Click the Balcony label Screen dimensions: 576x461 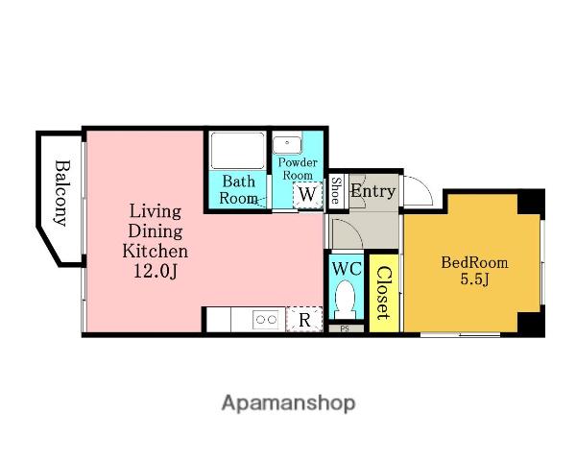(x=60, y=193)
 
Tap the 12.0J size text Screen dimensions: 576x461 (x=155, y=272)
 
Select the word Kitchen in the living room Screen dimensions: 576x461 (x=155, y=251)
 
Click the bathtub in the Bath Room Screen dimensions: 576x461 (x=237, y=151)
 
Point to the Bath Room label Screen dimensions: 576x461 (x=238, y=190)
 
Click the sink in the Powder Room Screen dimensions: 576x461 (x=287, y=144)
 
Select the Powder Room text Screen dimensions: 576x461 (x=298, y=168)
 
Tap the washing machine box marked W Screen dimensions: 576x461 (x=307, y=195)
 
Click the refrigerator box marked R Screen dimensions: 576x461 (x=304, y=319)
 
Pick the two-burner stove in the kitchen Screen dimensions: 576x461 (x=267, y=320)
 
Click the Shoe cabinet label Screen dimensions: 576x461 (x=336, y=190)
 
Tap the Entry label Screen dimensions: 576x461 (x=372, y=191)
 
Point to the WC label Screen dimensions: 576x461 (x=347, y=269)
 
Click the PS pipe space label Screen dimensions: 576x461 (x=345, y=328)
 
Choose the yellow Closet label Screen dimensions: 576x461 (x=383, y=293)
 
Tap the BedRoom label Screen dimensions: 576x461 (x=474, y=262)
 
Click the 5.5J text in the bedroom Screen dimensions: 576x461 (x=474, y=280)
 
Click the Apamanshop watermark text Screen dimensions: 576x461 (x=288, y=403)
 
